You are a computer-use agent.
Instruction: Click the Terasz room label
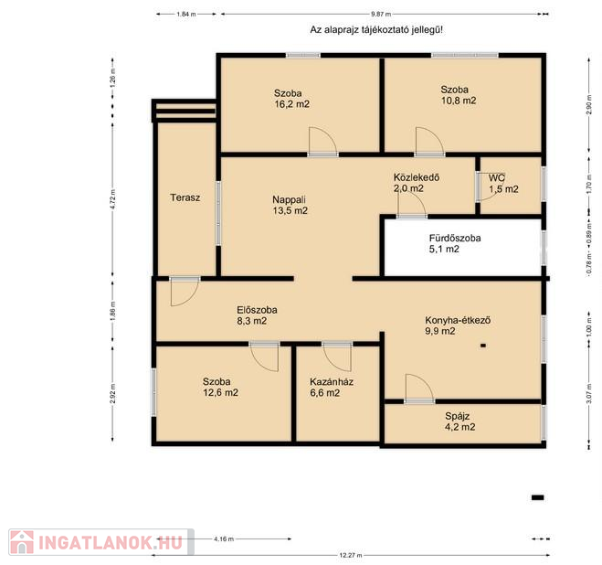[185, 197]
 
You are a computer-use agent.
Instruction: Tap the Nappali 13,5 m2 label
[290, 205]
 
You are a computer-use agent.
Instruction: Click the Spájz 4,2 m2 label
[459, 421]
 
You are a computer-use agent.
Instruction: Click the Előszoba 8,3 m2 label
[257, 315]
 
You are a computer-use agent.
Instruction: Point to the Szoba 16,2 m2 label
[291, 99]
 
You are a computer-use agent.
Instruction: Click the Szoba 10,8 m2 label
[459, 95]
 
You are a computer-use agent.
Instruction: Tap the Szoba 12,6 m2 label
[220, 387]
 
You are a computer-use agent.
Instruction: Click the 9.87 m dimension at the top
[381, 15]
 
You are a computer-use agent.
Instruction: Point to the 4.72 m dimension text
[112, 199]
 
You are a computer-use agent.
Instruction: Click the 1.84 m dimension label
[186, 15]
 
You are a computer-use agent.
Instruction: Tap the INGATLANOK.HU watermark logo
[101, 542]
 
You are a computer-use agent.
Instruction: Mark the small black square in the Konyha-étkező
[483, 346]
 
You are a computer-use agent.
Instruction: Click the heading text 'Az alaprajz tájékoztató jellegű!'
[376, 30]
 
